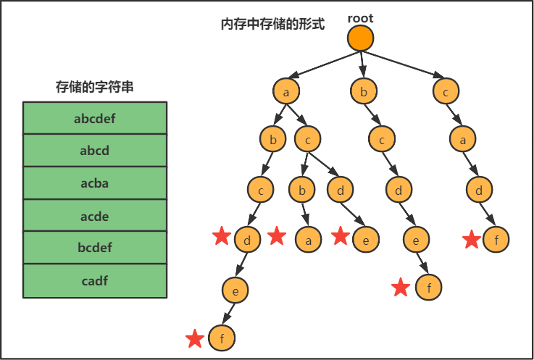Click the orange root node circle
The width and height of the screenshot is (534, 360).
click(360, 38)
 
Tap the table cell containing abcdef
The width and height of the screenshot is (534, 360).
click(95, 118)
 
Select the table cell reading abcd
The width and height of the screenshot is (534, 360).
click(95, 151)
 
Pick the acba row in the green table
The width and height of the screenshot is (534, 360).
click(95, 183)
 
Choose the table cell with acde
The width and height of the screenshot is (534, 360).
click(95, 216)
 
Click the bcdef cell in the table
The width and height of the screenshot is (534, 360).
click(95, 248)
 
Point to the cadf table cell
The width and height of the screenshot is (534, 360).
click(95, 280)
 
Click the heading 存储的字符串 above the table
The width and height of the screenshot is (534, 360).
click(95, 87)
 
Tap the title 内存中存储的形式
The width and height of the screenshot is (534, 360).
click(272, 24)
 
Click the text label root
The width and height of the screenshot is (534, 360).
click(360, 17)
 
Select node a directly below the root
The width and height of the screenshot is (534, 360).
click(287, 92)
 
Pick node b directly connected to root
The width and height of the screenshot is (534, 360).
click(364, 92)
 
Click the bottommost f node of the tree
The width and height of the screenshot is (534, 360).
click(222, 338)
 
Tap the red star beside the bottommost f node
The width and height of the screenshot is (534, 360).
click(194, 338)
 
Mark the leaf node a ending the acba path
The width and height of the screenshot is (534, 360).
click(308, 239)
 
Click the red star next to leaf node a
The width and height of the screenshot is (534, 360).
click(277, 236)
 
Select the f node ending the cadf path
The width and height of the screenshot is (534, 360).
click(496, 240)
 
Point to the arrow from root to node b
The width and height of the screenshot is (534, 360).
click(362, 65)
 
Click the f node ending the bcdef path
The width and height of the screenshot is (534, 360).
click(429, 288)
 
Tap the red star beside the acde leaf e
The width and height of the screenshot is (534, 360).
click(341, 236)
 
